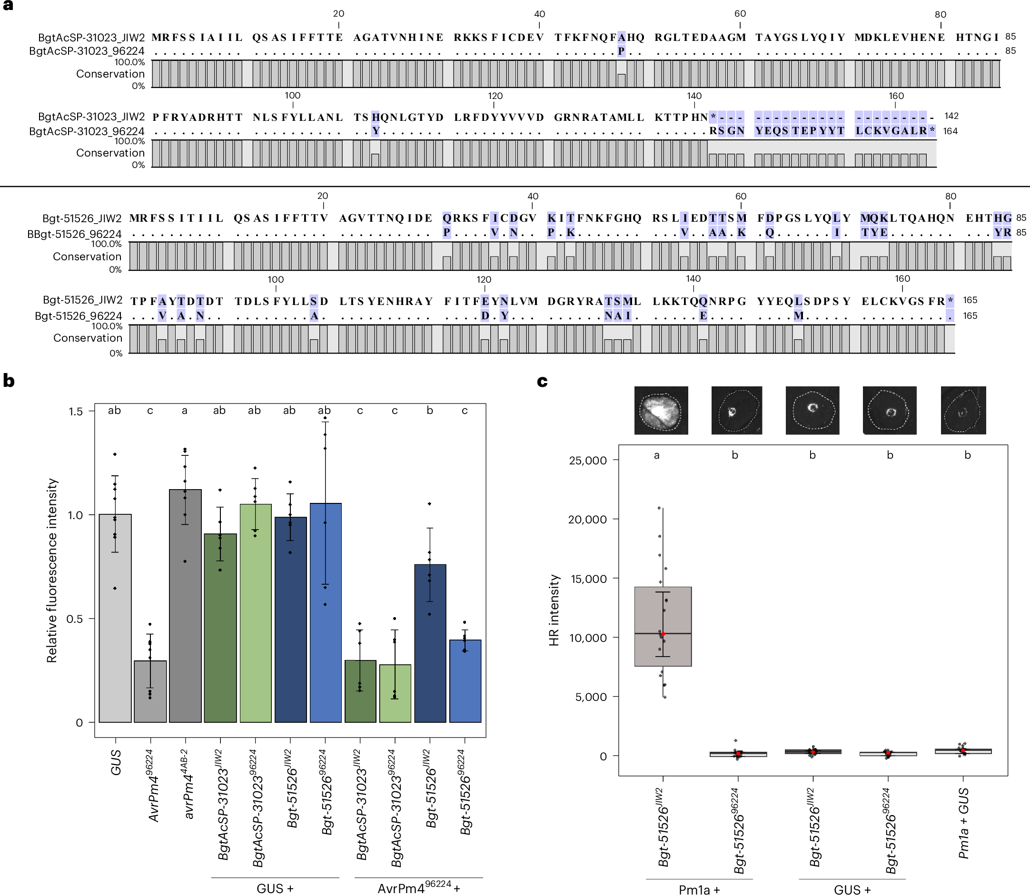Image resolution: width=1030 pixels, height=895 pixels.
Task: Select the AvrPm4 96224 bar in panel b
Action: click(x=150, y=691)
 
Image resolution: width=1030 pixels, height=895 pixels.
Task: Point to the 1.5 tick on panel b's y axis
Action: click(x=76, y=412)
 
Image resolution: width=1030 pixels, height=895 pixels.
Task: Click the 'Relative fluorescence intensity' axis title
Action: click(x=52, y=570)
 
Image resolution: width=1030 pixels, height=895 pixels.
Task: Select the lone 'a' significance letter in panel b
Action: click(x=185, y=411)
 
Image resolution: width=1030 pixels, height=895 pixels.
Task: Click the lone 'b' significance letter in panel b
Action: click(x=430, y=411)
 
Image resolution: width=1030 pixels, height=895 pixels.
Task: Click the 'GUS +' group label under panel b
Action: click(x=275, y=888)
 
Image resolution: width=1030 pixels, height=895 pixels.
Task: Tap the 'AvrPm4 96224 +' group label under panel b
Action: click(x=418, y=887)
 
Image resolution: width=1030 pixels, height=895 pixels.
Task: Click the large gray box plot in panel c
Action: click(x=663, y=626)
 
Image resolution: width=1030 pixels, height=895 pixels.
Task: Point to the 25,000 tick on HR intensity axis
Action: click(x=587, y=460)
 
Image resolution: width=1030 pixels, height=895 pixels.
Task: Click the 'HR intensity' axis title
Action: click(x=554, y=610)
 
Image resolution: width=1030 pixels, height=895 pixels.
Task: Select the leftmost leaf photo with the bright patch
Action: click(x=661, y=410)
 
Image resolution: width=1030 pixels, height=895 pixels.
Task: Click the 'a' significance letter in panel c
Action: click(x=657, y=455)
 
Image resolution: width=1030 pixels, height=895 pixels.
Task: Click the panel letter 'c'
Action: click(x=542, y=382)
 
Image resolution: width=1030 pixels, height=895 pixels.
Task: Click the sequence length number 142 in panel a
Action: click(x=951, y=116)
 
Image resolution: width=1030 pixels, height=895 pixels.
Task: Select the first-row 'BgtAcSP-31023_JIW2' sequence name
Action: click(x=91, y=38)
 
